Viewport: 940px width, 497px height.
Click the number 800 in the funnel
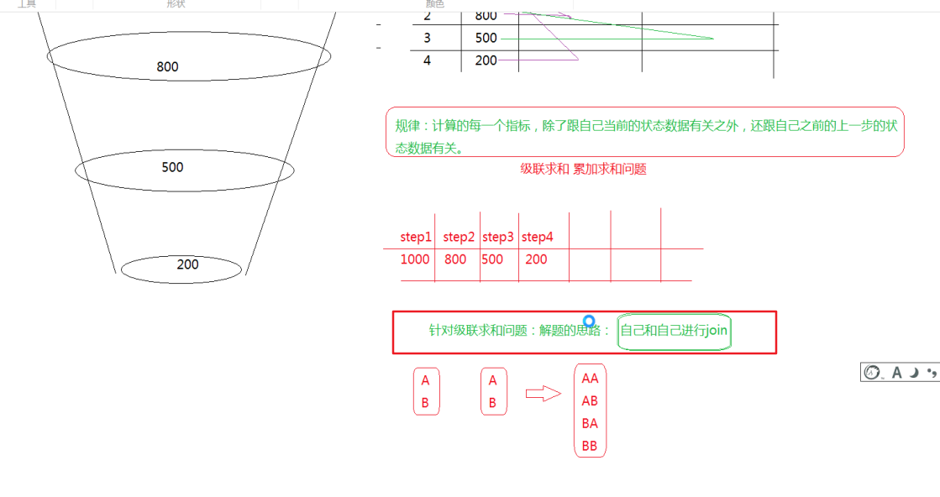tap(167, 67)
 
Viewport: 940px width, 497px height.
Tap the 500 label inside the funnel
tap(172, 167)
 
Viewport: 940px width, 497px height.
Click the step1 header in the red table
tap(416, 238)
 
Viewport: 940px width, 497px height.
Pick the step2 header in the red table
tap(459, 238)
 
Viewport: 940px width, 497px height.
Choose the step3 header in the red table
tap(498, 238)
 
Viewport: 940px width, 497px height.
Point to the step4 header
tap(538, 238)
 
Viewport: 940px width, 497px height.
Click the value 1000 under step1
tap(415, 259)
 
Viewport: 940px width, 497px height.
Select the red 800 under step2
tap(455, 259)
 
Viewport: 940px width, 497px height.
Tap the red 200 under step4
tap(536, 259)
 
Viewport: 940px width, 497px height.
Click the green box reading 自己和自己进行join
tap(674, 331)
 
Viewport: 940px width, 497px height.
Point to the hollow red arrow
tap(543, 394)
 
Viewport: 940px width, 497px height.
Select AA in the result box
tap(590, 379)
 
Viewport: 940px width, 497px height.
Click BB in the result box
tap(590, 447)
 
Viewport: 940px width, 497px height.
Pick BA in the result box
tap(590, 424)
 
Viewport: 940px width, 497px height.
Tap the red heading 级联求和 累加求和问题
tap(583, 169)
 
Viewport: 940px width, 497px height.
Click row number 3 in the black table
tap(427, 38)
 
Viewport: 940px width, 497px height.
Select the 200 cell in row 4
tap(486, 60)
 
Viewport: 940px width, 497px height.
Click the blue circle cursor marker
tap(590, 322)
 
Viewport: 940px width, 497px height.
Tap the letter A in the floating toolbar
tap(896, 373)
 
